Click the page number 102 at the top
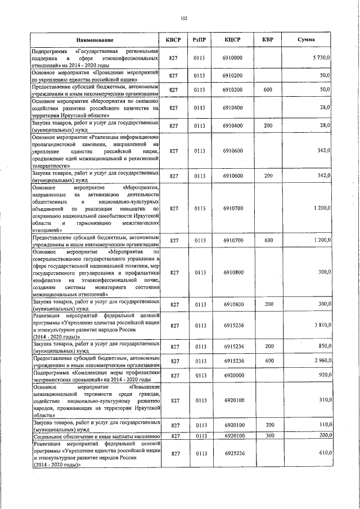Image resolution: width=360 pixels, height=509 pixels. pyautogui.click(x=183, y=19)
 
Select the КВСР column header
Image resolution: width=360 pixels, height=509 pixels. pyautogui.click(x=174, y=39)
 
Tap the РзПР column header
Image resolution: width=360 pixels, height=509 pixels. pyautogui.click(x=199, y=39)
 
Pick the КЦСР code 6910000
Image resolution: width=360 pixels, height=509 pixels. pyautogui.click(x=232, y=58)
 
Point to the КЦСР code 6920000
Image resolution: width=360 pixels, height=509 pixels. pyautogui.click(x=232, y=375)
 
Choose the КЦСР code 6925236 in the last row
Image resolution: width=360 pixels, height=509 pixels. pyautogui.click(x=232, y=453)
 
